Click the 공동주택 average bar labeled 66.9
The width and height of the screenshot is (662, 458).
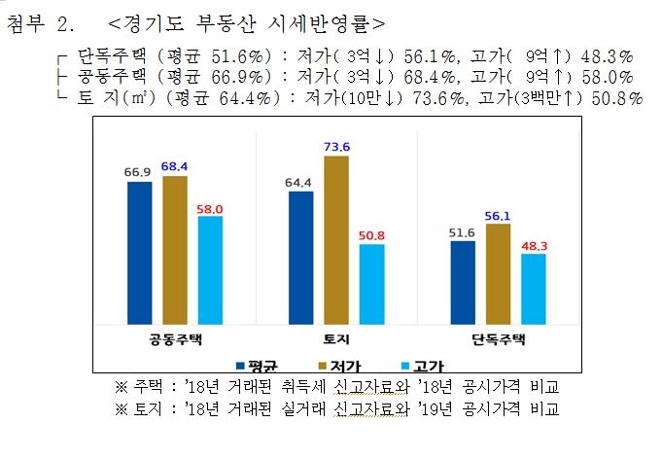coord(139,253)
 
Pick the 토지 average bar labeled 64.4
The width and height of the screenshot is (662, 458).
coord(301,258)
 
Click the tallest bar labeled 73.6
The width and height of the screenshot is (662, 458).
coord(336,239)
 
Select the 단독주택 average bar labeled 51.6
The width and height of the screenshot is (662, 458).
coord(463,282)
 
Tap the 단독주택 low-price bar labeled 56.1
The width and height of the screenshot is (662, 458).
coord(498,273)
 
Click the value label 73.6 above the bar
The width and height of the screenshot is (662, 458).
coord(336,147)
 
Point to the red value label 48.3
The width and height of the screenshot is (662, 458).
coord(533,246)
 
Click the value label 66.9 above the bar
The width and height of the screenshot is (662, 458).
coord(139,173)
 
